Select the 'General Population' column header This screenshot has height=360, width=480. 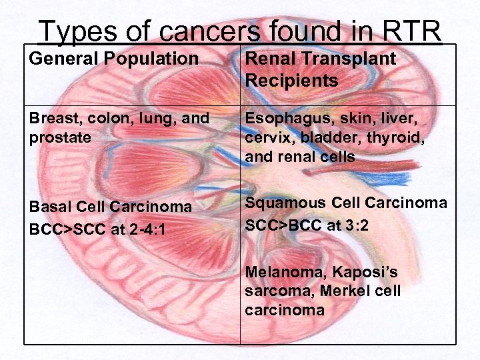114,59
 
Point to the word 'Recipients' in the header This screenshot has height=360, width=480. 291,81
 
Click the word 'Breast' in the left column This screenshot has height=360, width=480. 51,118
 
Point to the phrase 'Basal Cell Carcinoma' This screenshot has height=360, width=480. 110,207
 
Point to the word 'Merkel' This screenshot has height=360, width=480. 343,291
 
